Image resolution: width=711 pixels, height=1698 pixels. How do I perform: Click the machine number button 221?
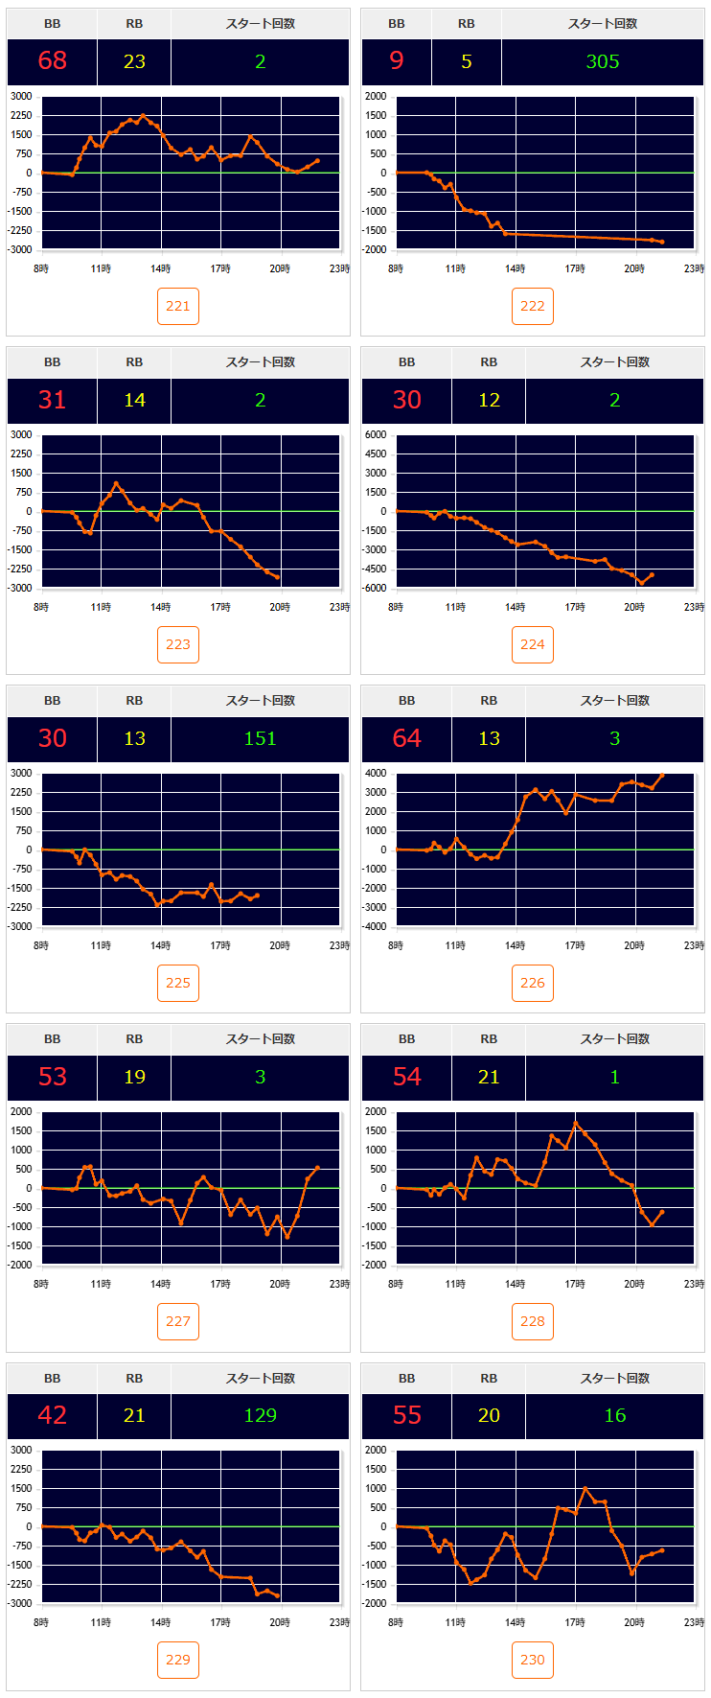point(178,306)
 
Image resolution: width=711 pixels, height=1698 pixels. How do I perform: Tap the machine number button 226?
point(533,983)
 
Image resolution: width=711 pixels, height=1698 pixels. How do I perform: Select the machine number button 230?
point(533,1660)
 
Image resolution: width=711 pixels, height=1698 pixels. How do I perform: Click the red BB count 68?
point(53,61)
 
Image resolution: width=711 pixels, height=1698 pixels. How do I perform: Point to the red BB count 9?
point(397,61)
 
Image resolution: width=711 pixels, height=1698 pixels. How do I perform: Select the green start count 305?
point(603,61)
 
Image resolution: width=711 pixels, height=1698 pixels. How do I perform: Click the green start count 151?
point(260,738)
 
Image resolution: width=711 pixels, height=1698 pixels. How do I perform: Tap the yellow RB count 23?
point(134,61)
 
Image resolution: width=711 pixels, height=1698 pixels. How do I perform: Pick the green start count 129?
point(260,1415)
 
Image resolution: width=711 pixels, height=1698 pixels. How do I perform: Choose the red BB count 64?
point(407,738)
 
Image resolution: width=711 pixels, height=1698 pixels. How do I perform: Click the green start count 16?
point(614,1415)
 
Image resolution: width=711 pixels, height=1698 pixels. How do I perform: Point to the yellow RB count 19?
point(134,1077)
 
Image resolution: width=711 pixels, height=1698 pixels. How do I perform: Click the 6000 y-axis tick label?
point(376,434)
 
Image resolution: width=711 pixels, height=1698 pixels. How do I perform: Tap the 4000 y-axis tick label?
point(376,773)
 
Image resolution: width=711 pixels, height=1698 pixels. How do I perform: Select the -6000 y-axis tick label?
point(374,588)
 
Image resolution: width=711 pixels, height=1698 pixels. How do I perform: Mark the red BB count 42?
point(53,1415)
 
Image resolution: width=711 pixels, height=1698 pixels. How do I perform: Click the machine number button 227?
point(178,1321)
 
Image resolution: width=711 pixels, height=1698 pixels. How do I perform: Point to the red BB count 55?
point(407,1415)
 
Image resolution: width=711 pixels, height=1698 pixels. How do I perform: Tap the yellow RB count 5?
point(467,61)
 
